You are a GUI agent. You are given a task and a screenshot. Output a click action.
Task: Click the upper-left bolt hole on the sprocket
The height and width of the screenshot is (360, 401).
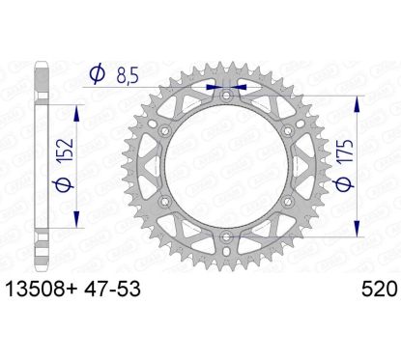point(165,132)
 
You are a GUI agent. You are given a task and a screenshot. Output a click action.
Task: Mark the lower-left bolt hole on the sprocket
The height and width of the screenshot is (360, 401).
point(165,201)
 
